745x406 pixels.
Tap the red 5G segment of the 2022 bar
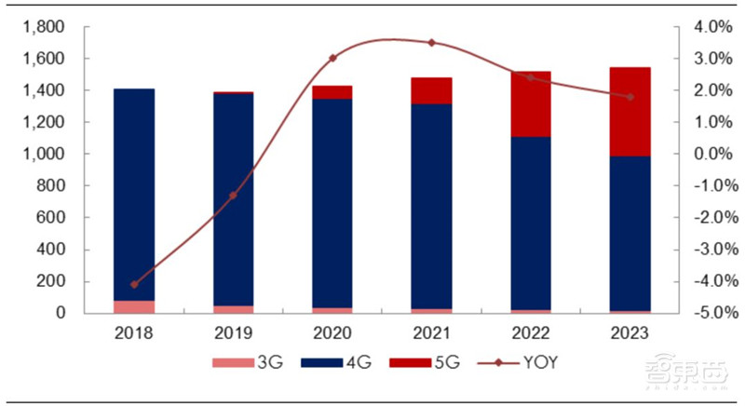pos(531,103)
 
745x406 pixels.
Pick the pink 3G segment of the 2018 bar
pos(134,306)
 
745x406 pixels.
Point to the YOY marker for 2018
pos(134,284)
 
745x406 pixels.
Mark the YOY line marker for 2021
pos(431,43)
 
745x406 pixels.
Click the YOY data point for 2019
pos(233,195)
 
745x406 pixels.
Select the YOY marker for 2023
pos(630,97)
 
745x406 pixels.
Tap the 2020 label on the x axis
pos(332,332)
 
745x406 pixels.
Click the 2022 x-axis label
pos(531,332)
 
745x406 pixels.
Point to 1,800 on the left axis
pos(44,27)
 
